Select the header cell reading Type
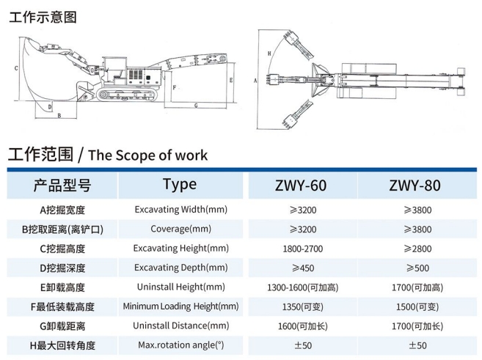(x=180, y=184)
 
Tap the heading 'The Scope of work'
(x=147, y=155)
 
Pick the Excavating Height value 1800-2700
(x=303, y=249)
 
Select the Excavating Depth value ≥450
(x=303, y=268)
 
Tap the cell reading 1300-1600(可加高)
(x=303, y=287)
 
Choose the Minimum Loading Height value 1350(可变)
(x=303, y=306)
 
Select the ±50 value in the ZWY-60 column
(x=303, y=345)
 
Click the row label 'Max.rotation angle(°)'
(x=180, y=345)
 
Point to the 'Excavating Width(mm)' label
(x=180, y=210)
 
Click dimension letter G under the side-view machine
(x=196, y=106)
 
